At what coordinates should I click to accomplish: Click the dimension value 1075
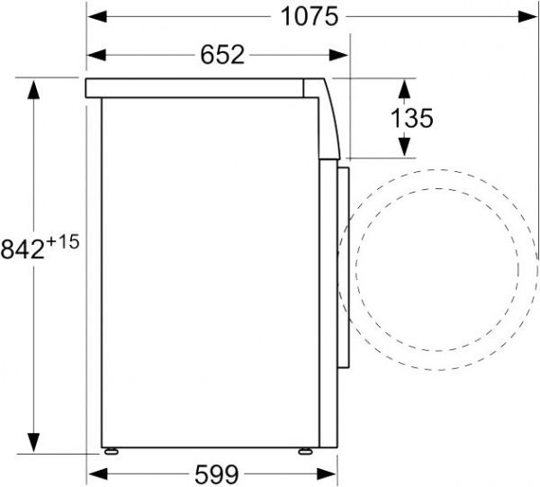pos(310,15)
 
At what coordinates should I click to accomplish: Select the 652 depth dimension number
pos(220,55)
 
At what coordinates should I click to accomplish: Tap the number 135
pos(412,117)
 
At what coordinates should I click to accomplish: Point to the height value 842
pos(22,248)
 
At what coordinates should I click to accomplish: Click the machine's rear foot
pos(111,451)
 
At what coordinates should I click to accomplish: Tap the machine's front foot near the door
pos(306,451)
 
